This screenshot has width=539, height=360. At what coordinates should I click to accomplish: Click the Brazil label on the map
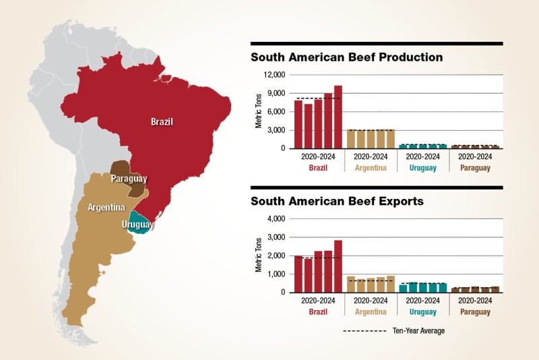(162, 122)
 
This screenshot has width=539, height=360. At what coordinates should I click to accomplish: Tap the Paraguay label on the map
(129, 179)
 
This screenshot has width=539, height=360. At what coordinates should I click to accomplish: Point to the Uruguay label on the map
(138, 224)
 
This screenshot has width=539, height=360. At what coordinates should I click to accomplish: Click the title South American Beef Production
(346, 57)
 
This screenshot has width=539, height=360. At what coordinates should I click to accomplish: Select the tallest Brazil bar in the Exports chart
(338, 266)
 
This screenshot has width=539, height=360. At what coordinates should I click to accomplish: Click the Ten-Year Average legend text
(418, 331)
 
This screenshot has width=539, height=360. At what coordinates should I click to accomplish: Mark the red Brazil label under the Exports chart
(318, 312)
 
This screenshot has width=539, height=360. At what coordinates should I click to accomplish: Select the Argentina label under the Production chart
(371, 168)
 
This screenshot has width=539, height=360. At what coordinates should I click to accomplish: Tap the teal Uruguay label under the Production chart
(423, 168)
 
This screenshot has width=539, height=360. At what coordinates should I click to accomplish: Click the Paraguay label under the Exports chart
(476, 312)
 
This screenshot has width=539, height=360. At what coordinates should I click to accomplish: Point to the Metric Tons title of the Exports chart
(259, 256)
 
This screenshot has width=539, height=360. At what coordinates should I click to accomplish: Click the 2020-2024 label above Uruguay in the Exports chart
(423, 301)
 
